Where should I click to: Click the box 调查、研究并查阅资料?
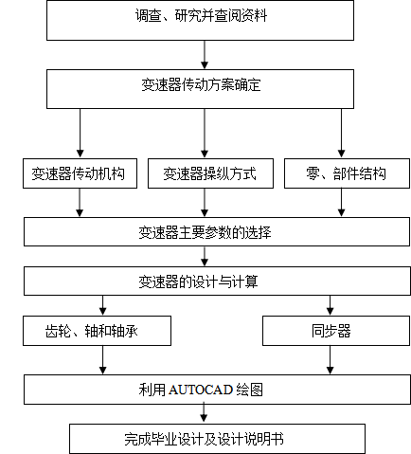[x=200, y=20]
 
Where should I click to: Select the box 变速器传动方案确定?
[x=200, y=89]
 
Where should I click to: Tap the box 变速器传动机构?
[x=80, y=173]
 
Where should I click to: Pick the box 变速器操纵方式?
[x=210, y=173]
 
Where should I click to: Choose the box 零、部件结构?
[x=347, y=173]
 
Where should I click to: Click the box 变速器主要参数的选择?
[x=217, y=231]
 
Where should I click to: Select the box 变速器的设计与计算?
[x=217, y=281]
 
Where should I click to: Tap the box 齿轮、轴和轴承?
[x=97, y=331]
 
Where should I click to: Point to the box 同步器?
[x=336, y=331]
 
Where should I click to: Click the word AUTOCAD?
[x=201, y=390]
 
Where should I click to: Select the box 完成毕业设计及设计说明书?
[x=217, y=439]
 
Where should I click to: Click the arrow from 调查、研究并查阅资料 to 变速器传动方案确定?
[x=205, y=55]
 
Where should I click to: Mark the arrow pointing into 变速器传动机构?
[x=80, y=133]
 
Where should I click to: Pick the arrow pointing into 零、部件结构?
[x=341, y=133]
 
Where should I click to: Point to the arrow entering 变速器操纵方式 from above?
[x=205, y=133]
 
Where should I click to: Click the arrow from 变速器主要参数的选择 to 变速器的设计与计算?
[x=205, y=256]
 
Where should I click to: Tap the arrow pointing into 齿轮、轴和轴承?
[x=102, y=305]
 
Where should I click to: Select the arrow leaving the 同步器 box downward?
[x=330, y=360]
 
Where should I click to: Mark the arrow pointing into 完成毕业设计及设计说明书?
[x=204, y=412]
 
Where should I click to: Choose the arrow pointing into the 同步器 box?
[x=330, y=305]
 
